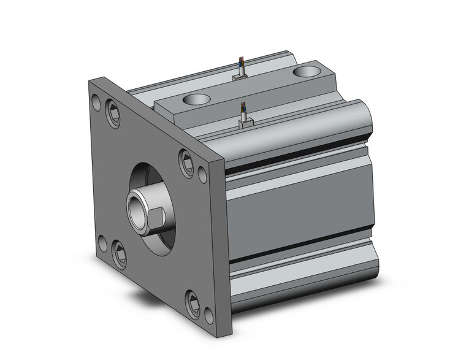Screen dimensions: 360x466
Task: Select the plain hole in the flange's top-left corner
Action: click(x=96, y=102)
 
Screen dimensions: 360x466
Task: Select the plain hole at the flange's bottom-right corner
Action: click(x=208, y=315)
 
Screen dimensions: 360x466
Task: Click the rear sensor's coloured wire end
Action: click(x=240, y=63)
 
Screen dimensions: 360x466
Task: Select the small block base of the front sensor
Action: click(x=245, y=123)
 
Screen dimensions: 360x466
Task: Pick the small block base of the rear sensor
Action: click(x=240, y=77)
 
